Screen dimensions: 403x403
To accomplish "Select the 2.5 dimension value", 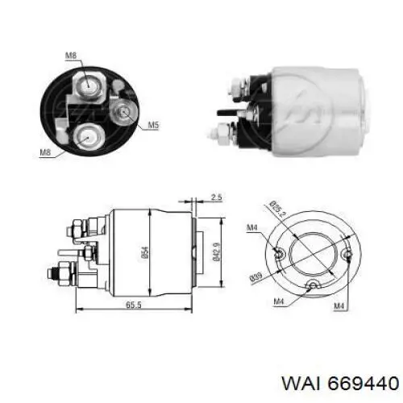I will (x=215, y=197).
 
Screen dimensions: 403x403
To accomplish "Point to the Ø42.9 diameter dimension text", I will (x=215, y=251).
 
